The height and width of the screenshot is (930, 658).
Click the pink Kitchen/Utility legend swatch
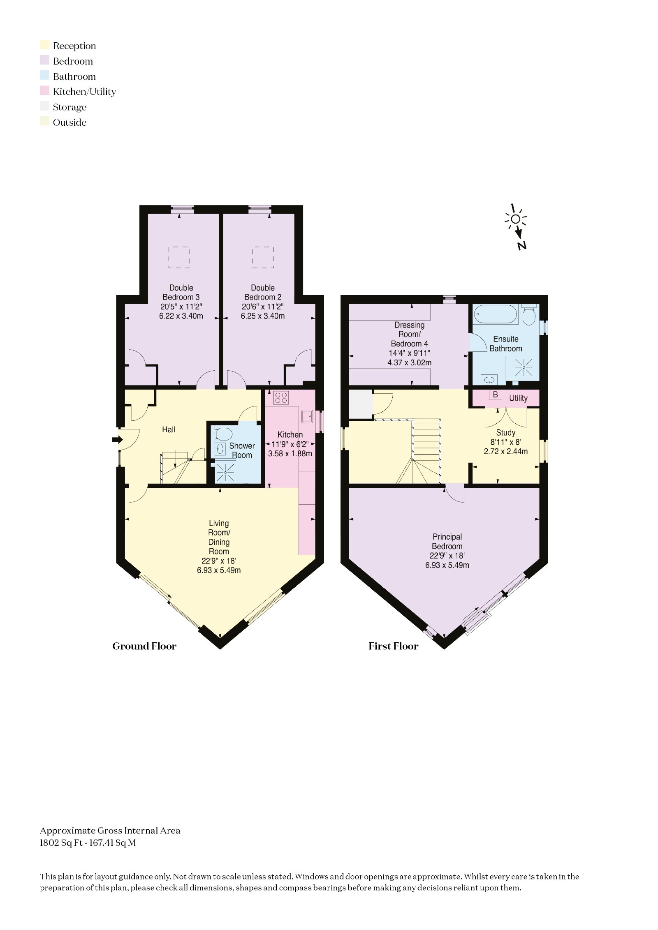pyautogui.click(x=44, y=91)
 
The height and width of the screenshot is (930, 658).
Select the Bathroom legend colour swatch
pyautogui.click(x=44, y=76)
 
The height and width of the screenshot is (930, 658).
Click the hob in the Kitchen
pyautogui.click(x=281, y=397)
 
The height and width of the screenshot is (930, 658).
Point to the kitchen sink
pyautogui.click(x=307, y=416)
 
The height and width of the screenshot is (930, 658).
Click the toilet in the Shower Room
pyautogui.click(x=223, y=434)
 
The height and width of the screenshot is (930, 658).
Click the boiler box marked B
pyautogui.click(x=495, y=395)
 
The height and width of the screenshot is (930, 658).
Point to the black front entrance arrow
pyautogui.click(x=117, y=440)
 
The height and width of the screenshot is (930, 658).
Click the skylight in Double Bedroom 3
pyautogui.click(x=179, y=257)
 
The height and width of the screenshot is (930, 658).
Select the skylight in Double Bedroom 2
pyautogui.click(x=263, y=257)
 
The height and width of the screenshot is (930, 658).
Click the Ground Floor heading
pyautogui.click(x=144, y=646)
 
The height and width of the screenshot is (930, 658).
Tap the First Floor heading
pyautogui.click(x=393, y=646)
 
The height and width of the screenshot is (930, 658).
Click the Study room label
pyautogui.click(x=505, y=433)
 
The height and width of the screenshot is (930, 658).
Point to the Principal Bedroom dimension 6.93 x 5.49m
pyautogui.click(x=447, y=565)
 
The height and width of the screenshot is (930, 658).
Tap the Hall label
pyautogui.click(x=169, y=429)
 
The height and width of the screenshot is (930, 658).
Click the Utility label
pyautogui.click(x=518, y=398)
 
